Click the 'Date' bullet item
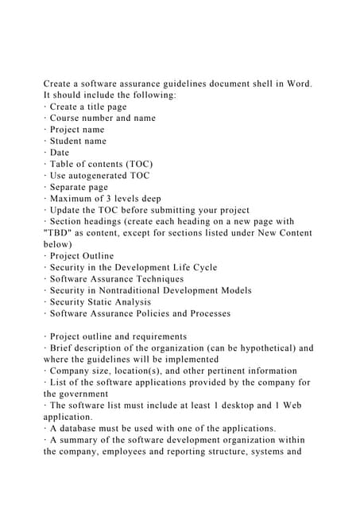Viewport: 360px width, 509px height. pos(60,153)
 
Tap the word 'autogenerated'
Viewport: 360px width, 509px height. pos(109,176)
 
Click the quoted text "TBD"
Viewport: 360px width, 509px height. pos(60,233)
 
